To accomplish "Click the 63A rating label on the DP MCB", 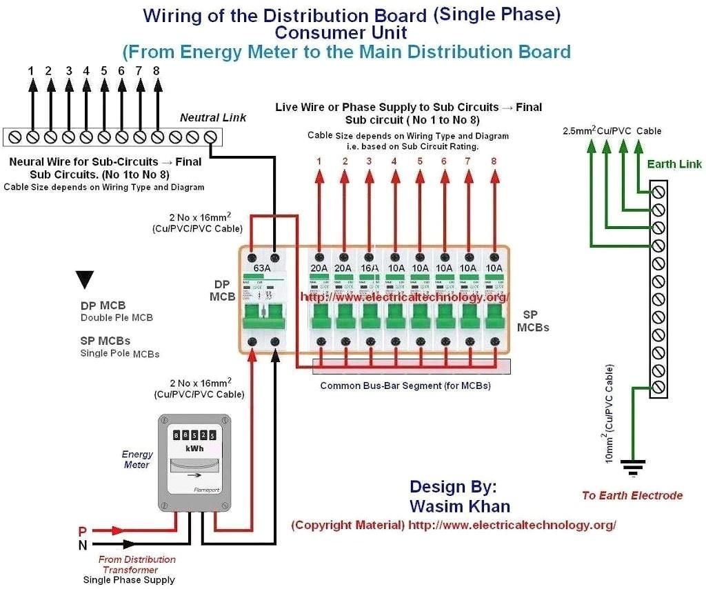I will click(263, 268).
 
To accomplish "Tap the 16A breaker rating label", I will click(369, 268).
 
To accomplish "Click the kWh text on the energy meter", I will click(194, 448).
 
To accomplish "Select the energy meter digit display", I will click(194, 435).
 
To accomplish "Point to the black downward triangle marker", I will click(85, 279).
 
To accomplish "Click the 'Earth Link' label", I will click(674, 164).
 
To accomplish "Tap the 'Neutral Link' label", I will click(213, 118).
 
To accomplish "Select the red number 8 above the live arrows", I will click(494, 162).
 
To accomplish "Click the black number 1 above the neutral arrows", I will click(31, 70).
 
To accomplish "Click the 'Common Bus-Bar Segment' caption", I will click(405, 386).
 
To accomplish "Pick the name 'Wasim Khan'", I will click(460, 506).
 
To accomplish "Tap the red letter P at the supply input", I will click(82, 532).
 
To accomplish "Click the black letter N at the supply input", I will click(82, 545).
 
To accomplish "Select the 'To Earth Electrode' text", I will click(632, 495).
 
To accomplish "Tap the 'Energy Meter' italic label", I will click(137, 459).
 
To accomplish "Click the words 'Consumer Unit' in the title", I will click(341, 32).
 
